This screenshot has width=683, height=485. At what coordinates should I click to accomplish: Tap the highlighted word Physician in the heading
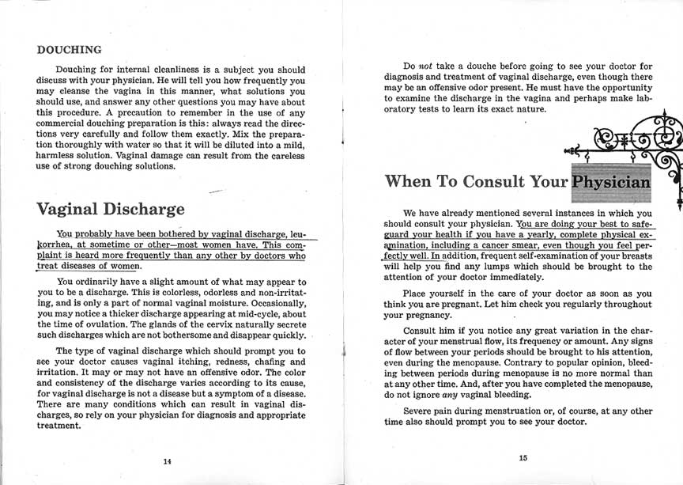pyautogui.click(x=611, y=181)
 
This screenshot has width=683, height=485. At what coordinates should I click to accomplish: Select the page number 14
pyautogui.click(x=167, y=461)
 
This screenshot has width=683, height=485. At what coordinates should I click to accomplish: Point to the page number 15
pyautogui.click(x=523, y=457)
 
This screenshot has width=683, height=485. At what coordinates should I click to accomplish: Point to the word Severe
pyautogui.click(x=420, y=411)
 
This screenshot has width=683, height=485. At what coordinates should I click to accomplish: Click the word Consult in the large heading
pyautogui.click(x=496, y=181)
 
